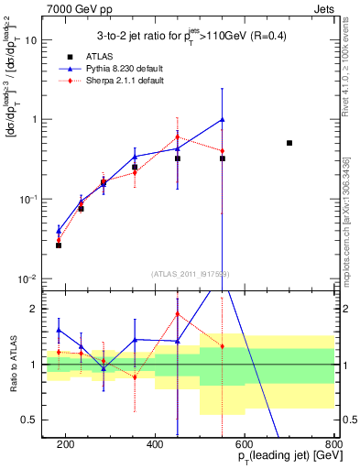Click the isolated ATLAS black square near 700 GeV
click(289, 143)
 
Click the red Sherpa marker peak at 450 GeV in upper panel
click(177, 137)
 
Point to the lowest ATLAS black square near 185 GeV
click(59, 245)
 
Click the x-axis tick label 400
click(155, 444)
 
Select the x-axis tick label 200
click(65, 444)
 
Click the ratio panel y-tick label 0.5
click(34, 420)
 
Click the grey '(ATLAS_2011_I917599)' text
click(190, 273)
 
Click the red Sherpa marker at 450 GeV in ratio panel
click(177, 314)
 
